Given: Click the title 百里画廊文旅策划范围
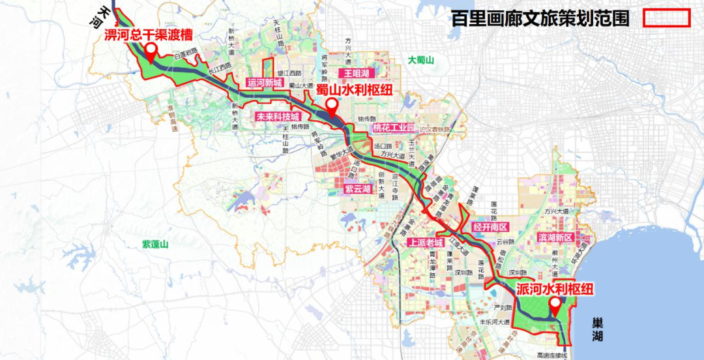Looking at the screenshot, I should click(x=540, y=18).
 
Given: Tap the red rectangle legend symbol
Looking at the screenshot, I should click(x=666, y=18).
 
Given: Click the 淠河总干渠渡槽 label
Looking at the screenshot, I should click(x=148, y=34).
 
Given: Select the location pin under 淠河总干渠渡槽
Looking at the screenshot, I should click(x=151, y=52).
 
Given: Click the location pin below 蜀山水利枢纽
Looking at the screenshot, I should click(x=332, y=106).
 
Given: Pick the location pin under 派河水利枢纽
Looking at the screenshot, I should click(x=555, y=305).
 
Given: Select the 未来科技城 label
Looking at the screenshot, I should click(x=277, y=117).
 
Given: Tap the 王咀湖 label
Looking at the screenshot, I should click(x=357, y=73).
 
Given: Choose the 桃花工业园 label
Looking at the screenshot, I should click(x=394, y=128).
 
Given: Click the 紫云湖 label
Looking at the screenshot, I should click(x=357, y=189).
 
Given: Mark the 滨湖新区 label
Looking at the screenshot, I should click(x=555, y=237).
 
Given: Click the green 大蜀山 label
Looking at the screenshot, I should click(x=421, y=60).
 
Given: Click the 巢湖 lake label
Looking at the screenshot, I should click(x=598, y=329).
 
